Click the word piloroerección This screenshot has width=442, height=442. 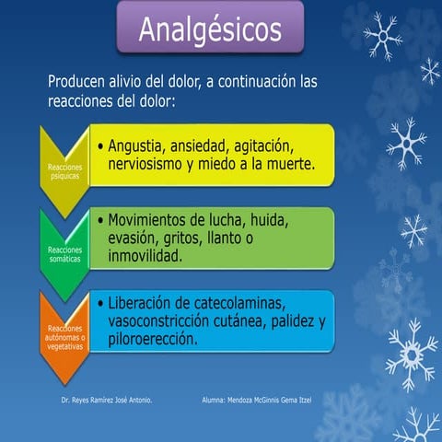152,339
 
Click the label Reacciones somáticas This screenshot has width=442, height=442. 64,254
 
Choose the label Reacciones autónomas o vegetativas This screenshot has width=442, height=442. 64,337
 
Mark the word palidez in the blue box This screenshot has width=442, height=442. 287,321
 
